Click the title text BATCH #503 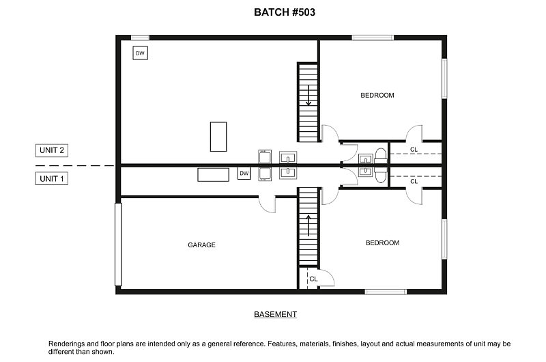(284, 12)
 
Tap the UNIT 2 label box (52, 150)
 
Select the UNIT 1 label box (52, 179)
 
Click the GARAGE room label (202, 245)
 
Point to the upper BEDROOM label (377, 95)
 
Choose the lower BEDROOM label (382, 242)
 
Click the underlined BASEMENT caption (276, 315)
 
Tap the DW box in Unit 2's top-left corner (140, 53)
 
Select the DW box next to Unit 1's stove (244, 173)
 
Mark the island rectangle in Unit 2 (218, 137)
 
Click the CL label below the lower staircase (313, 279)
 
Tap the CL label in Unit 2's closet (414, 150)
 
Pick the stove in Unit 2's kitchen (265, 157)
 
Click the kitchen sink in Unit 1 (289, 173)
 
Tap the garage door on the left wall (118, 244)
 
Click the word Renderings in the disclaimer (68, 344)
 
